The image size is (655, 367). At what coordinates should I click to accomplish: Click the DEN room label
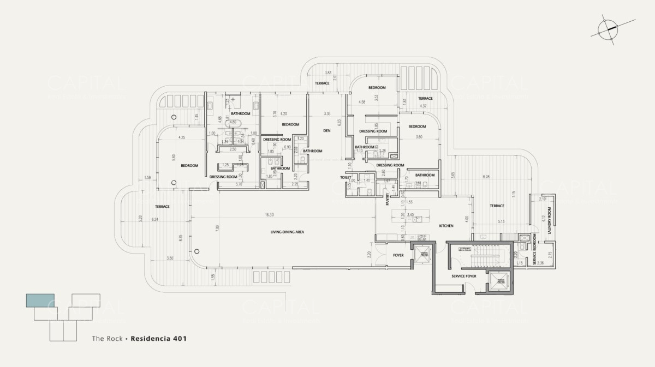tap(327, 130)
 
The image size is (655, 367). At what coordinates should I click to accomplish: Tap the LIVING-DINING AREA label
tap(287, 232)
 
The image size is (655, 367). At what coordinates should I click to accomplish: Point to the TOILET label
tap(345, 178)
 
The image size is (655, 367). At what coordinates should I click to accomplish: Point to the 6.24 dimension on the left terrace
tap(154, 219)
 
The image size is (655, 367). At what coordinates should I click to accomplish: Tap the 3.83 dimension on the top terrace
tap(328, 73)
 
